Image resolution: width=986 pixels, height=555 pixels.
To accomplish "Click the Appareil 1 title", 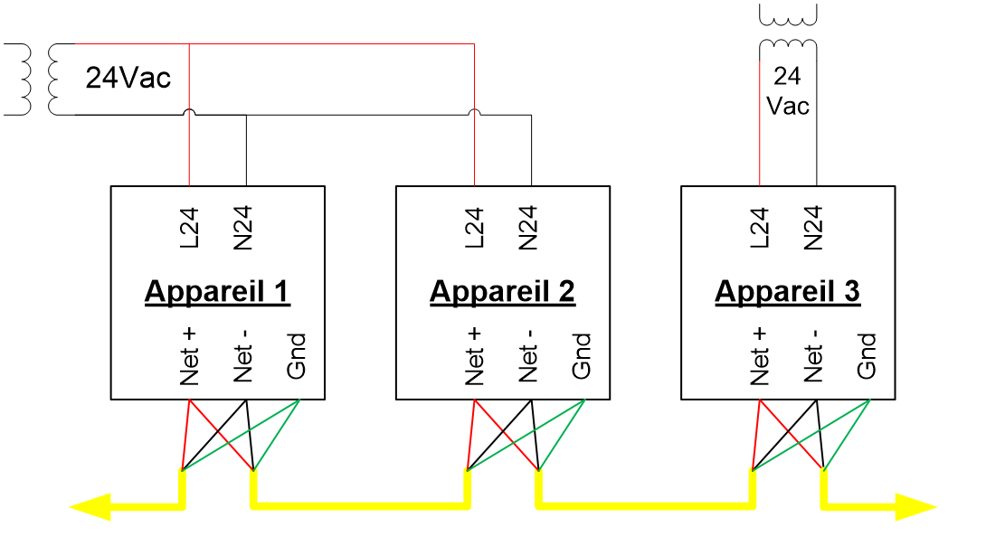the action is (218, 292).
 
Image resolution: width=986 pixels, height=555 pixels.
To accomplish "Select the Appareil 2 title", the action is (502, 292).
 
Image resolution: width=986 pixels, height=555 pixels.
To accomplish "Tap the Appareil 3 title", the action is (787, 292).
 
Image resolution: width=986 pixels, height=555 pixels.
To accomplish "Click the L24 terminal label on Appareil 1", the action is (189, 228).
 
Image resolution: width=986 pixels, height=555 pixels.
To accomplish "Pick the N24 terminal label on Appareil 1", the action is (242, 228).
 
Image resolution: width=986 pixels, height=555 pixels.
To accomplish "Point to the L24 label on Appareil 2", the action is (474, 228).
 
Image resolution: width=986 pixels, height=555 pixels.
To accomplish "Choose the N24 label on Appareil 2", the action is (527, 228).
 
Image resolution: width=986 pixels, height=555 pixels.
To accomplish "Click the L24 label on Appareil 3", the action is (760, 228).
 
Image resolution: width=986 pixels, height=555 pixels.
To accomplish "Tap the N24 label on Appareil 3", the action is (813, 228).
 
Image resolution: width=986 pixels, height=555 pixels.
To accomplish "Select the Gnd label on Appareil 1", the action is (296, 356).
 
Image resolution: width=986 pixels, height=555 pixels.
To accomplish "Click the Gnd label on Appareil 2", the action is (581, 356).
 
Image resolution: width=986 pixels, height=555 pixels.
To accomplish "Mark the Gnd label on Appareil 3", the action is (867, 356).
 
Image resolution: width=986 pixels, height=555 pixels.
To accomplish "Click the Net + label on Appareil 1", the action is (189, 356).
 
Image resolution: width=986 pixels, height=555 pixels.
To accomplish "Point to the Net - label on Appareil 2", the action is (527, 356).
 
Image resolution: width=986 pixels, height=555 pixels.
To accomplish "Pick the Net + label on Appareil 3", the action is (760, 356).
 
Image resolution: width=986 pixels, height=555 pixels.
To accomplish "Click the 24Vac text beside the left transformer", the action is (128, 78).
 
